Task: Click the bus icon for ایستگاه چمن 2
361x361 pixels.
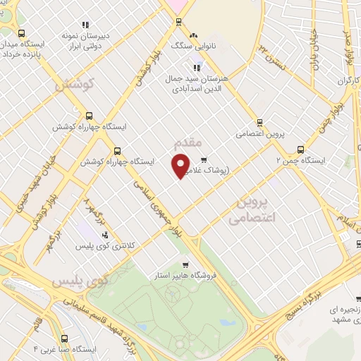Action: click(x=301, y=149)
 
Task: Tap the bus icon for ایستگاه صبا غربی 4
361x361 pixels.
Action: click(x=71, y=337)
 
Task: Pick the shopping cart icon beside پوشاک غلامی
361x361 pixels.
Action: click(x=204, y=159)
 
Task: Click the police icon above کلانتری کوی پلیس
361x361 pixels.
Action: click(x=86, y=235)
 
